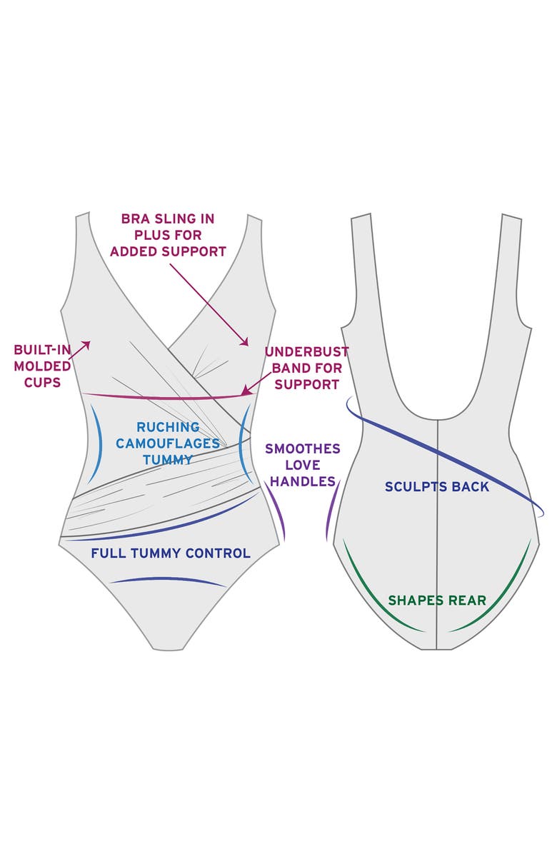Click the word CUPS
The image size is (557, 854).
[x=42, y=383]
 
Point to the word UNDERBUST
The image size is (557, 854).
[x=306, y=352]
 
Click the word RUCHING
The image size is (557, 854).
[x=168, y=427]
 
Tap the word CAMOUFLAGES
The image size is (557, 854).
[x=168, y=443]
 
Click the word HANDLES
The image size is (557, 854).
[x=303, y=482]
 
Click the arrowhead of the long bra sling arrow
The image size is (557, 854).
[x=246, y=342]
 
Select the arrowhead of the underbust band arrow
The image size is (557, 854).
[x=245, y=391]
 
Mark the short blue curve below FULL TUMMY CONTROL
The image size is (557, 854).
[x=168, y=580]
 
